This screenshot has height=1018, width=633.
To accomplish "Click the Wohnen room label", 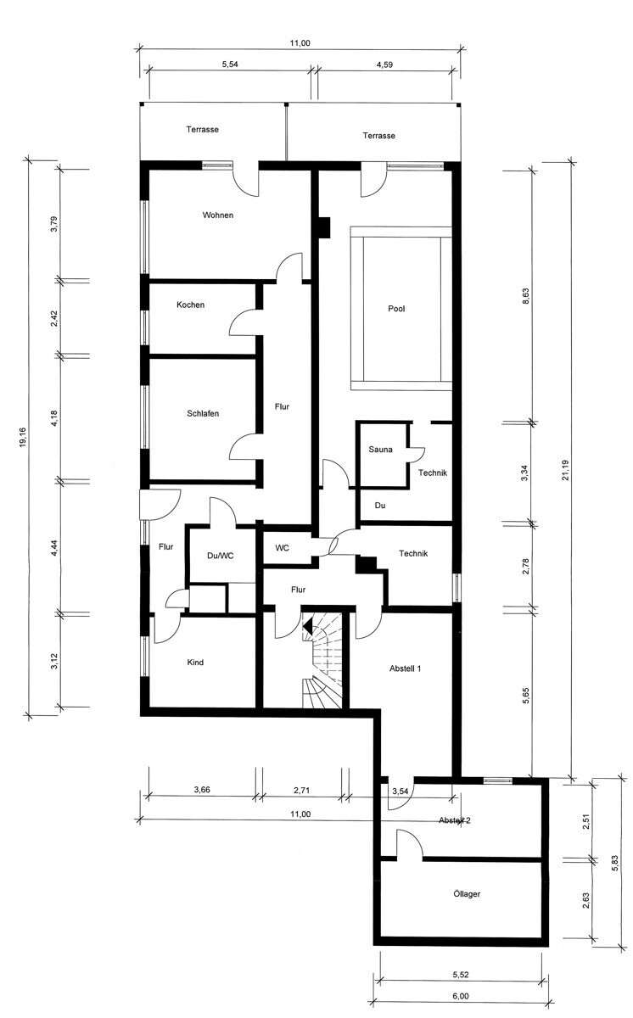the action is (218, 215).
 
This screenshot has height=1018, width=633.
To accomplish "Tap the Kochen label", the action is (190, 305).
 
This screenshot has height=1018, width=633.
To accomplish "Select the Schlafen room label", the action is (203, 414).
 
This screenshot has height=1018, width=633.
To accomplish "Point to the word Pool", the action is (396, 309).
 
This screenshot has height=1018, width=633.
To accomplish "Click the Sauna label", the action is (380, 450).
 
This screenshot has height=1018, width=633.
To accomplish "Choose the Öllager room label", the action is (467, 893).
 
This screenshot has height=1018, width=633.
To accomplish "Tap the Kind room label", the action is (195, 663).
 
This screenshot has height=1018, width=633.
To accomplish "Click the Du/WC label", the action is (221, 556).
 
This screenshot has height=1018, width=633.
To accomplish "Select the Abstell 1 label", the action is (405, 668).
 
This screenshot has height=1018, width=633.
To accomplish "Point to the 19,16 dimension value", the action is (23, 437).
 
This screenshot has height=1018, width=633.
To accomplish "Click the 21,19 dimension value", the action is (565, 470).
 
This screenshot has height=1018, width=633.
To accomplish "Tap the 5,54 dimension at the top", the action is (230, 64).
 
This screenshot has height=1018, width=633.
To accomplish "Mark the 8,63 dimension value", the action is (526, 296).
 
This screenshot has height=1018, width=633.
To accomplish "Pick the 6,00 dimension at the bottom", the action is (461, 996).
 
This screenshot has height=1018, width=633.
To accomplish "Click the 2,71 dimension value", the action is (302, 791).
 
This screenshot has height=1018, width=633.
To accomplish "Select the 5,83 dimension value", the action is (615, 864).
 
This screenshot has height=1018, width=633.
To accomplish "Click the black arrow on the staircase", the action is (308, 628).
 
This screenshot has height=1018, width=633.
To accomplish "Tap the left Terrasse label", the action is (202, 130).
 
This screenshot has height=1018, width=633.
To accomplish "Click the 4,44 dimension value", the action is (54, 548).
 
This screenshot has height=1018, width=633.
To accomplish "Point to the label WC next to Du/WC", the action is (283, 548).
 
